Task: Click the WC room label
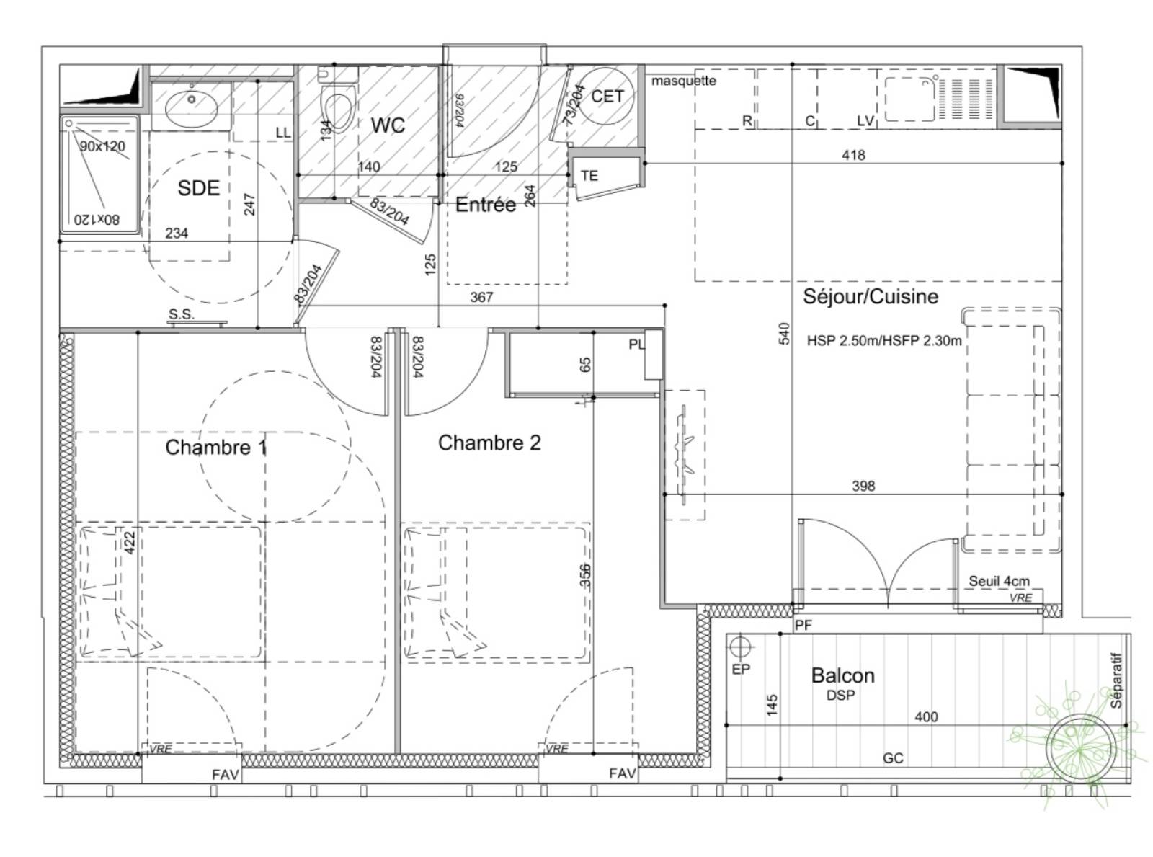[387, 125]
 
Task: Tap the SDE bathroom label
[198, 187]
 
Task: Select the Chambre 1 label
[216, 447]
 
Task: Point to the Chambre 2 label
[489, 443]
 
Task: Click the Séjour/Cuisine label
[871, 296]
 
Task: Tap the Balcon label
[842, 675]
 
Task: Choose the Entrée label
[486, 205]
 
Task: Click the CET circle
[606, 97]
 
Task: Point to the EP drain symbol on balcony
[741, 647]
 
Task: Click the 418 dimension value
[853, 155]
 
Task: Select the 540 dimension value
[785, 333]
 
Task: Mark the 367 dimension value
[481, 298]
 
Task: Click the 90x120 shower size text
[102, 146]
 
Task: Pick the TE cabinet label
[589, 176]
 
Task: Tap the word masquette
[684, 81]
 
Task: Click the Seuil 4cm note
[999, 581]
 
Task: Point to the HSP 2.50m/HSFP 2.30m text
[884, 341]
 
